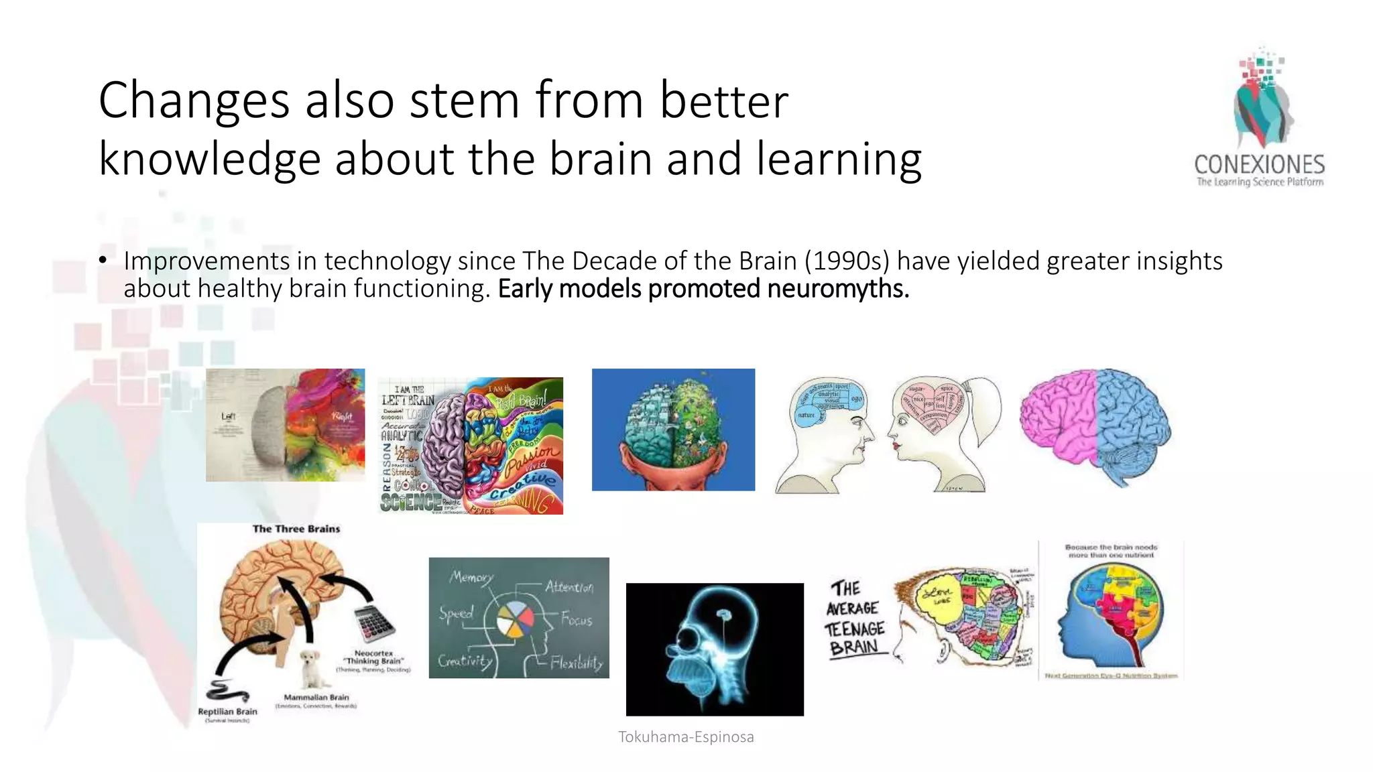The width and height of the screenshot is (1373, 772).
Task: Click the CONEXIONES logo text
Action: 1259,165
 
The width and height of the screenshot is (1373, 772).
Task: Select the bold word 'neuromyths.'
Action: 838,289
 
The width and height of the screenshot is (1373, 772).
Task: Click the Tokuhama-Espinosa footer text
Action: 686,737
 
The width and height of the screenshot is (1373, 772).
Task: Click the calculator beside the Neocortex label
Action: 373,623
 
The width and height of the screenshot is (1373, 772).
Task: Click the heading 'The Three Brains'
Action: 296,529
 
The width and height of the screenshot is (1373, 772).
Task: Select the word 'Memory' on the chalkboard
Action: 471,577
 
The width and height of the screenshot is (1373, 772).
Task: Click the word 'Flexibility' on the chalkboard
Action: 576,663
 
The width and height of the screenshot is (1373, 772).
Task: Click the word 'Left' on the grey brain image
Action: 229,416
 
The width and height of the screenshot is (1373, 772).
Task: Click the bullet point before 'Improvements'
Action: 103,261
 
